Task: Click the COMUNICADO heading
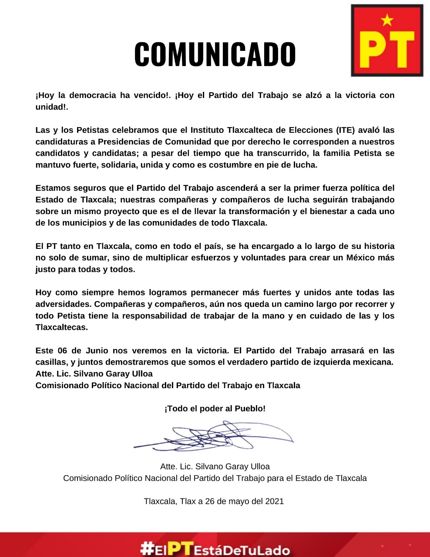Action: coord(215,55)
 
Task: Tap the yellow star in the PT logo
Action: coord(387,20)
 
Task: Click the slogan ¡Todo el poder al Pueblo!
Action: coord(215,409)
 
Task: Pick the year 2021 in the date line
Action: coord(274,501)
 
